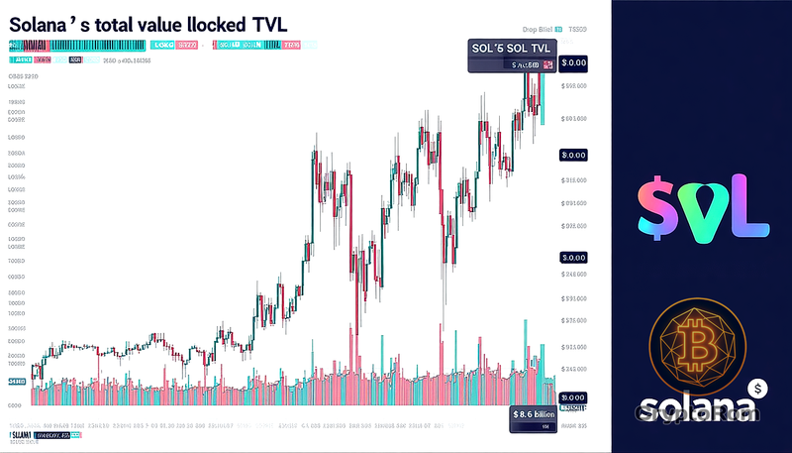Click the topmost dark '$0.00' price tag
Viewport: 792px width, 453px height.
pyautogui.click(x=573, y=61)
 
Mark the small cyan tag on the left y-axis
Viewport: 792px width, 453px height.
pyautogui.click(x=17, y=381)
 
